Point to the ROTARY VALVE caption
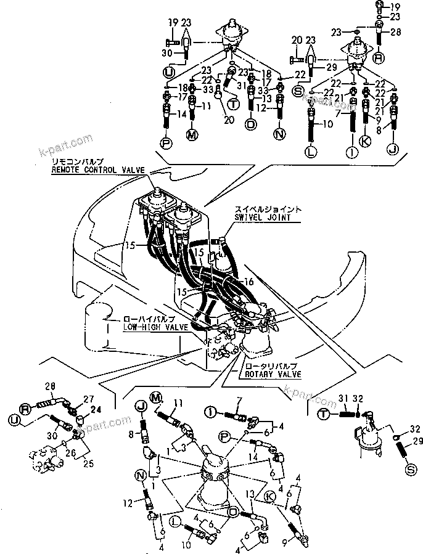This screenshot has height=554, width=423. [273, 373]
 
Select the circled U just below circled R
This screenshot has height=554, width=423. [14, 420]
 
